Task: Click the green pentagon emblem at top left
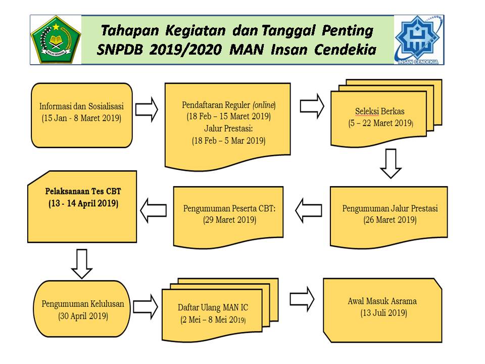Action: pyautogui.click(x=56, y=39)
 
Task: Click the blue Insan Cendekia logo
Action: pyautogui.click(x=419, y=39)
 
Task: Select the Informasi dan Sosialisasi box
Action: pyautogui.click(x=81, y=114)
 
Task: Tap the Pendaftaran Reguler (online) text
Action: pyautogui.click(x=228, y=105)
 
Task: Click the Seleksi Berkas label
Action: pyautogui.click(x=379, y=112)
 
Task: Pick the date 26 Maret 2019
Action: pyautogui.click(x=390, y=220)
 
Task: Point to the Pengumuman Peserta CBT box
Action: pyautogui.click(x=229, y=214)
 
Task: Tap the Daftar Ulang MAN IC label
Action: pyautogui.click(x=213, y=307)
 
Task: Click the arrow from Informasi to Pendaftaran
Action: pyautogui.click(x=147, y=110)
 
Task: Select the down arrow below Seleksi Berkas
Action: pyautogui.click(x=391, y=163)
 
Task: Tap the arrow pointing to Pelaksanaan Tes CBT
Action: pyautogui.click(x=153, y=210)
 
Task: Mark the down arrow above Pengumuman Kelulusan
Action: pyautogui.click(x=81, y=263)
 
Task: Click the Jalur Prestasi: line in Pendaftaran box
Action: pyautogui.click(x=228, y=128)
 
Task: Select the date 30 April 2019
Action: pyautogui.click(x=82, y=316)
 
